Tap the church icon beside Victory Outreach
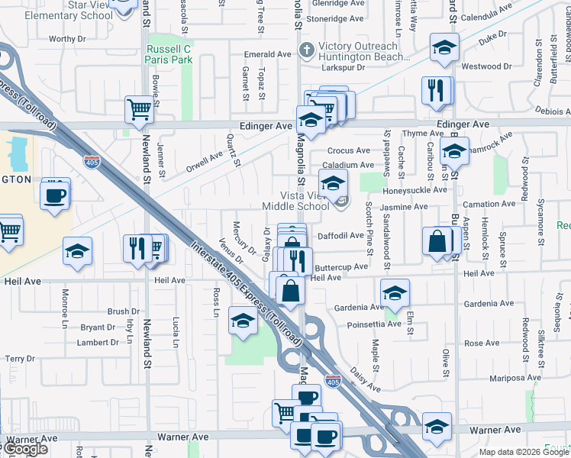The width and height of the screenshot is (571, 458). tap(306, 50)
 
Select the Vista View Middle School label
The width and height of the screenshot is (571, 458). tap(295, 201)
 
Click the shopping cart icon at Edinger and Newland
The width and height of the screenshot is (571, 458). tap(139, 110)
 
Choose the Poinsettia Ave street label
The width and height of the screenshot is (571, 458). tap(373, 324)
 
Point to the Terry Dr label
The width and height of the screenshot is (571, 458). tap(20, 359)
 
